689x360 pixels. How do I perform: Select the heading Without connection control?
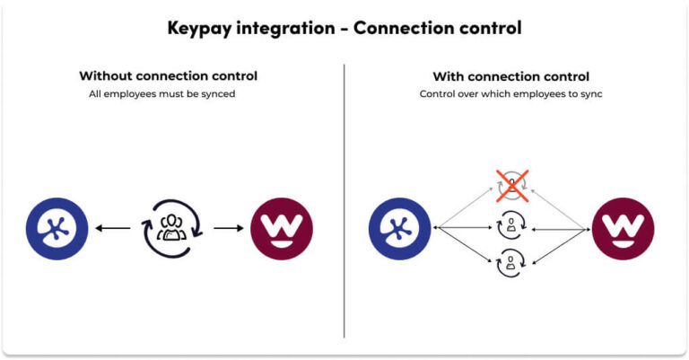click(169, 76)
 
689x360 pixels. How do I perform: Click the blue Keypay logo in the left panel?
click(57, 228)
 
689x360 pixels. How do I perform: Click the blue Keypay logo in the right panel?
click(399, 228)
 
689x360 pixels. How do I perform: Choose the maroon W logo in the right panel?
click(623, 228)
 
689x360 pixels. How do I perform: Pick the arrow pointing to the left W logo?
click(228, 228)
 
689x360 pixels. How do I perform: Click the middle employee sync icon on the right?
click(511, 228)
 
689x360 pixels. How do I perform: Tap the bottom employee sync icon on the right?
click(511, 265)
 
